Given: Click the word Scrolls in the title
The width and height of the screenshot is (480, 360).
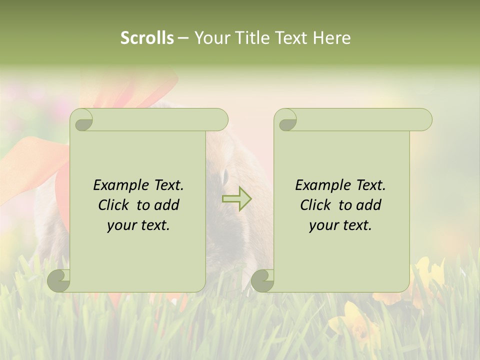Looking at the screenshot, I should point(147,38).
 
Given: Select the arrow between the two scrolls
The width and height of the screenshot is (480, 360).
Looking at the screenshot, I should point(237,198).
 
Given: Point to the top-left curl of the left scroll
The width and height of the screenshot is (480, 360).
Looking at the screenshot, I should point(81,120).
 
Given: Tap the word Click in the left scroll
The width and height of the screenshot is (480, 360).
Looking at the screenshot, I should point(114,205).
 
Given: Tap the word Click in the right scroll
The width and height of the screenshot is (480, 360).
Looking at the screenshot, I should point(316,205).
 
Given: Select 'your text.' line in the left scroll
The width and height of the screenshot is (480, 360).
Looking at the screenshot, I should point(138,225).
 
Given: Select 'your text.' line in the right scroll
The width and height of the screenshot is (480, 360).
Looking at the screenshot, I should point(340,225).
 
